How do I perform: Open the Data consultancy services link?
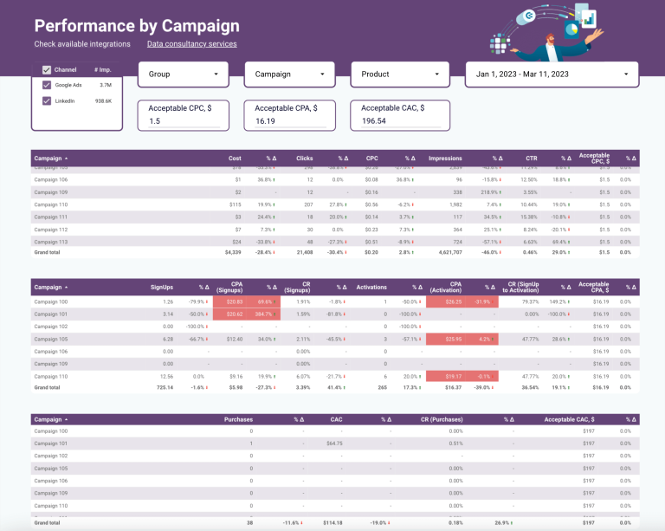tap(191, 44)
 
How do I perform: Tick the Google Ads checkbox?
tap(47, 85)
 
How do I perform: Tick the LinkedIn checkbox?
tap(47, 100)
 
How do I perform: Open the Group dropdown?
tap(183, 74)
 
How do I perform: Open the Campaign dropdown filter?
tap(289, 74)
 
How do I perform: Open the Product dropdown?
tap(396, 74)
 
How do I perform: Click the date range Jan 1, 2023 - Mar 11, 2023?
tap(552, 74)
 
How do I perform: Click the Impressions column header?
tap(445, 159)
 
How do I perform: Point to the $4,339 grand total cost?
tap(230, 252)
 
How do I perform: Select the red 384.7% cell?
tap(265, 314)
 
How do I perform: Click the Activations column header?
tap(371, 287)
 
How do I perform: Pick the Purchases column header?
tap(238, 419)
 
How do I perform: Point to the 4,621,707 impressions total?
tap(447, 252)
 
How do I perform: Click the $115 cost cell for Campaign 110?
tap(235, 204)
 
